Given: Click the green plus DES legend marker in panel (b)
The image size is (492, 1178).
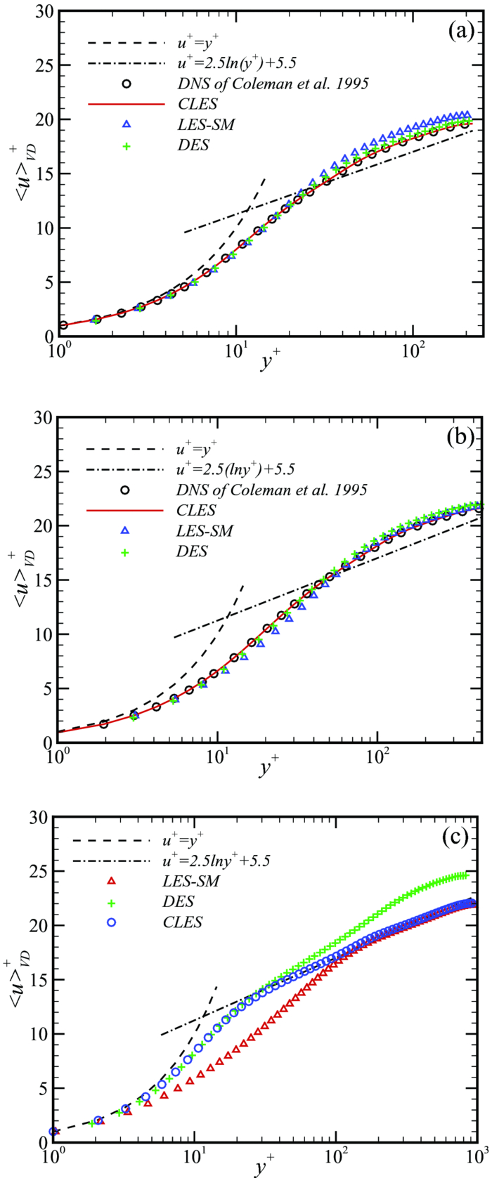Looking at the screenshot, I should point(126,551).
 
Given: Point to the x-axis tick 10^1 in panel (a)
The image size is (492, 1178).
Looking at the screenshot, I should point(235,351).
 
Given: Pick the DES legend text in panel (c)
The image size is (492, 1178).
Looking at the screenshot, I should point(179,901).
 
